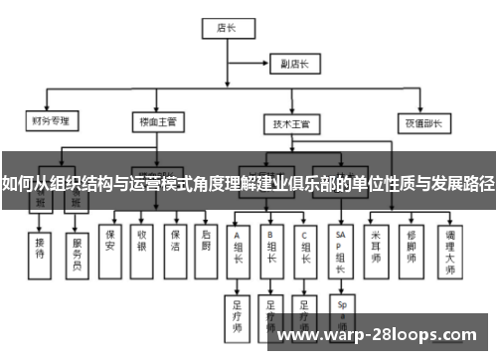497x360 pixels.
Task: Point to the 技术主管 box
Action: (291, 124)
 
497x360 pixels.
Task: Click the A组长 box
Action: (239, 246)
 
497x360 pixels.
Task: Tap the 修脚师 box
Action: (412, 245)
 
